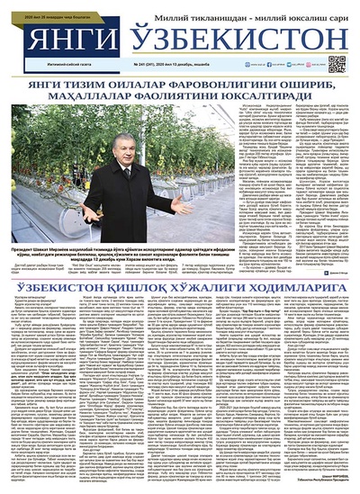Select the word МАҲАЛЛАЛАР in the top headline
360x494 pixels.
[x=85, y=100]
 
